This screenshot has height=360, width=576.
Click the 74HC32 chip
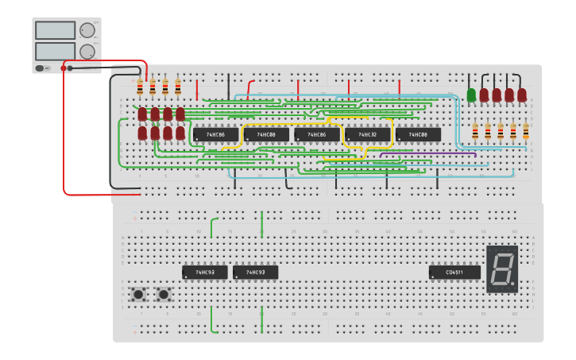click(367, 135)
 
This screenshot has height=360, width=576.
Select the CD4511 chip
click(454, 273)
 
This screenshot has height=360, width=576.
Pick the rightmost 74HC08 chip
click(418, 135)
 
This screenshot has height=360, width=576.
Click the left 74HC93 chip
click(205, 273)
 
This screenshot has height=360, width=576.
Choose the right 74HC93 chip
click(255, 273)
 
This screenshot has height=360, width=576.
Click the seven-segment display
click(502, 269)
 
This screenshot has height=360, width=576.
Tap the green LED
click(471, 95)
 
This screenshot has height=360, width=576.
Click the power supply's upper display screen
click(55, 30)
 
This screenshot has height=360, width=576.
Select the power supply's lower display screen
click(55, 51)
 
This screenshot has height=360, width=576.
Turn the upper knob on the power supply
click(87, 30)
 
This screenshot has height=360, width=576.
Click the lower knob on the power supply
click(87, 52)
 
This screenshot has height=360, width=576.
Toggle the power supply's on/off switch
click(41, 68)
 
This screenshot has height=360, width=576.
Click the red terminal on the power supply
click(64, 68)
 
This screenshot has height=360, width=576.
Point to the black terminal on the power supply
click(71, 68)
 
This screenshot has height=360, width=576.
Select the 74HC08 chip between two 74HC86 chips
click(266, 135)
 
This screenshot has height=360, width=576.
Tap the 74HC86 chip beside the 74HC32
click(316, 135)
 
